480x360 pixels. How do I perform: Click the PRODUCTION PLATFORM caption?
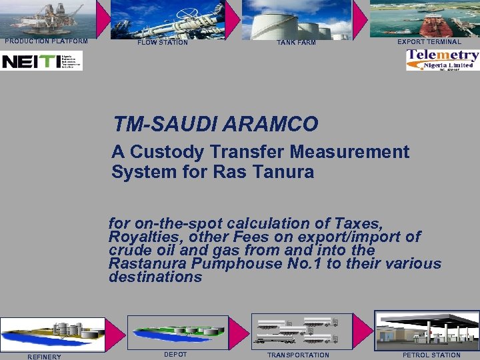tap(46, 41)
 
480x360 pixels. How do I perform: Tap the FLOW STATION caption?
tap(163, 43)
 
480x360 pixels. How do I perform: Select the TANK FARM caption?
tap(297, 43)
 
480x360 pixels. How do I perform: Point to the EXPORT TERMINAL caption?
tap(429, 41)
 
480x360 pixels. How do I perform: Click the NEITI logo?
tap(41, 61)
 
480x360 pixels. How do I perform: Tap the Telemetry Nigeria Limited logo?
tap(443, 60)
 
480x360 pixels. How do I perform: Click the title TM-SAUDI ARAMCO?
tap(215, 124)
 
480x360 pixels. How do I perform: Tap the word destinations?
tap(155, 277)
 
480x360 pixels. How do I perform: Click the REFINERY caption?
tap(44, 356)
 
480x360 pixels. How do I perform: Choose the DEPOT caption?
tap(175, 354)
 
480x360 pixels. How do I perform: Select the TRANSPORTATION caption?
tap(298, 355)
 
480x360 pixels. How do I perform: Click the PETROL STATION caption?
tap(431, 355)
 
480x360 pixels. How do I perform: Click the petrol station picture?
tap(427, 331)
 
